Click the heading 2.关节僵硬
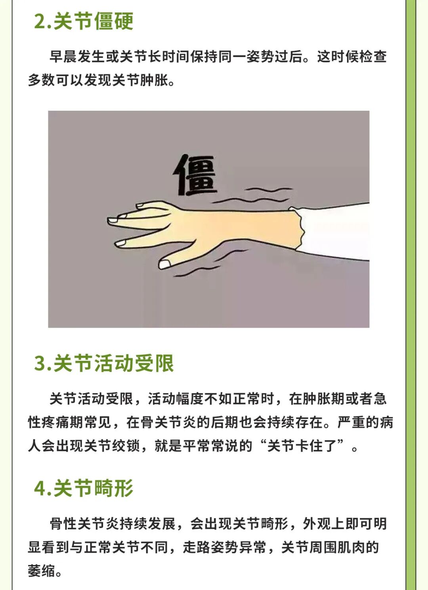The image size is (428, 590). [x=84, y=21]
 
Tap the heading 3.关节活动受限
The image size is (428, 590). [x=104, y=363]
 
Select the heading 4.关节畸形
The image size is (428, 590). [x=84, y=488]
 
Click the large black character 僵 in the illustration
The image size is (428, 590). [x=195, y=175]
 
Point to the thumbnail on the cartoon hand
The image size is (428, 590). [x=165, y=264]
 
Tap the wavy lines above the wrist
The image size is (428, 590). [x=252, y=195]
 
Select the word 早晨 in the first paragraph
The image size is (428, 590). [x=63, y=57]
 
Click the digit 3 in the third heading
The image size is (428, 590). [x=40, y=363]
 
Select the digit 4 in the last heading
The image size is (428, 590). [x=40, y=488]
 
